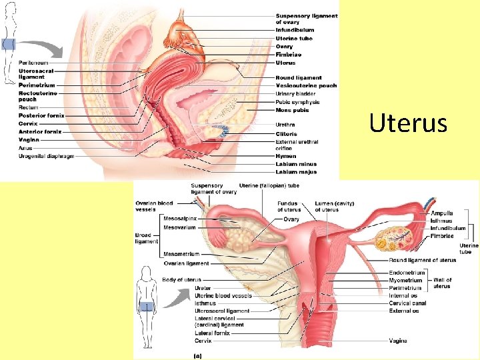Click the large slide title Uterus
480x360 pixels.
click(x=408, y=123)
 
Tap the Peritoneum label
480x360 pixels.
click(x=33, y=63)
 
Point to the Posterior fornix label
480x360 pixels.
click(x=41, y=115)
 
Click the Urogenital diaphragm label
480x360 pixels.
click(x=46, y=155)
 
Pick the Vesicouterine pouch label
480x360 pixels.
click(x=306, y=86)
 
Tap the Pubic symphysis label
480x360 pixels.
click(x=297, y=102)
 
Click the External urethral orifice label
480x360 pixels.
click(x=297, y=145)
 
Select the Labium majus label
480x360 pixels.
click(x=295, y=172)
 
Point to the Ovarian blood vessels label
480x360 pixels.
click(x=154, y=206)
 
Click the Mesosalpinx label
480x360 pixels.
click(x=179, y=219)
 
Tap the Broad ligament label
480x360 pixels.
click(x=147, y=238)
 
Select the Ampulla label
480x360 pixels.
click(x=441, y=213)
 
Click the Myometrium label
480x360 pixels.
click(x=406, y=281)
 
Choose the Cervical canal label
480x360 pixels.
click(x=408, y=303)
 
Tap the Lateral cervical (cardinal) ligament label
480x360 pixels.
click(x=219, y=321)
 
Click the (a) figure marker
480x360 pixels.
click(x=198, y=355)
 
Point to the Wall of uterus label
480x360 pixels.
click(x=442, y=283)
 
